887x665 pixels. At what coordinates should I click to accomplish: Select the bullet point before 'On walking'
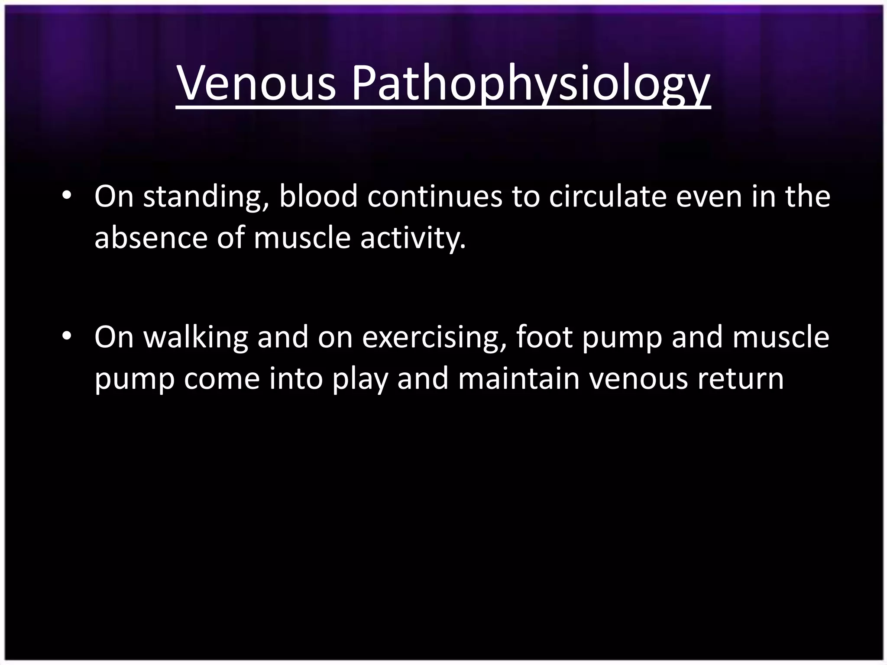[x=66, y=336]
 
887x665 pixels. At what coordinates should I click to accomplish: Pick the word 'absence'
[x=151, y=238]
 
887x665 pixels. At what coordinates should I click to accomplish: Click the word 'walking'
[x=196, y=337]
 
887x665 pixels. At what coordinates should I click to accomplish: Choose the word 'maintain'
[x=518, y=378]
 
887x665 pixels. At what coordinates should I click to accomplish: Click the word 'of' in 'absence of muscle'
[x=230, y=238]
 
